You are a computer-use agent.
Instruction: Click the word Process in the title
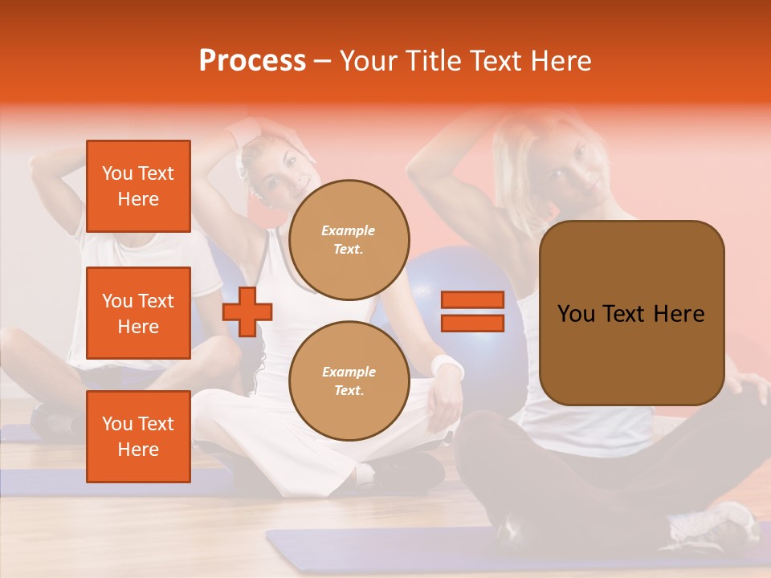click(x=252, y=60)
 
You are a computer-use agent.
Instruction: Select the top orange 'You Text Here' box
click(x=138, y=186)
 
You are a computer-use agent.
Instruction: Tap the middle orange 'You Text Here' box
click(x=138, y=313)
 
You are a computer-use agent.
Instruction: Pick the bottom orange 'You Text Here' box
click(x=138, y=436)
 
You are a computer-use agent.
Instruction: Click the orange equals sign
click(x=472, y=311)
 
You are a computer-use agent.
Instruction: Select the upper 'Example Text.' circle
click(x=349, y=239)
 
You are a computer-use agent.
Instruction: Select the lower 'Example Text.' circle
click(x=349, y=381)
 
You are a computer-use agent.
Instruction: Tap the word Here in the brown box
click(x=678, y=314)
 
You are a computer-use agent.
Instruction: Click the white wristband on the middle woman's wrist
click(x=448, y=368)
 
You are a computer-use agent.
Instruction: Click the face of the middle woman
click(x=283, y=173)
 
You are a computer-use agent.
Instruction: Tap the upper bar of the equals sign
click(x=472, y=300)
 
